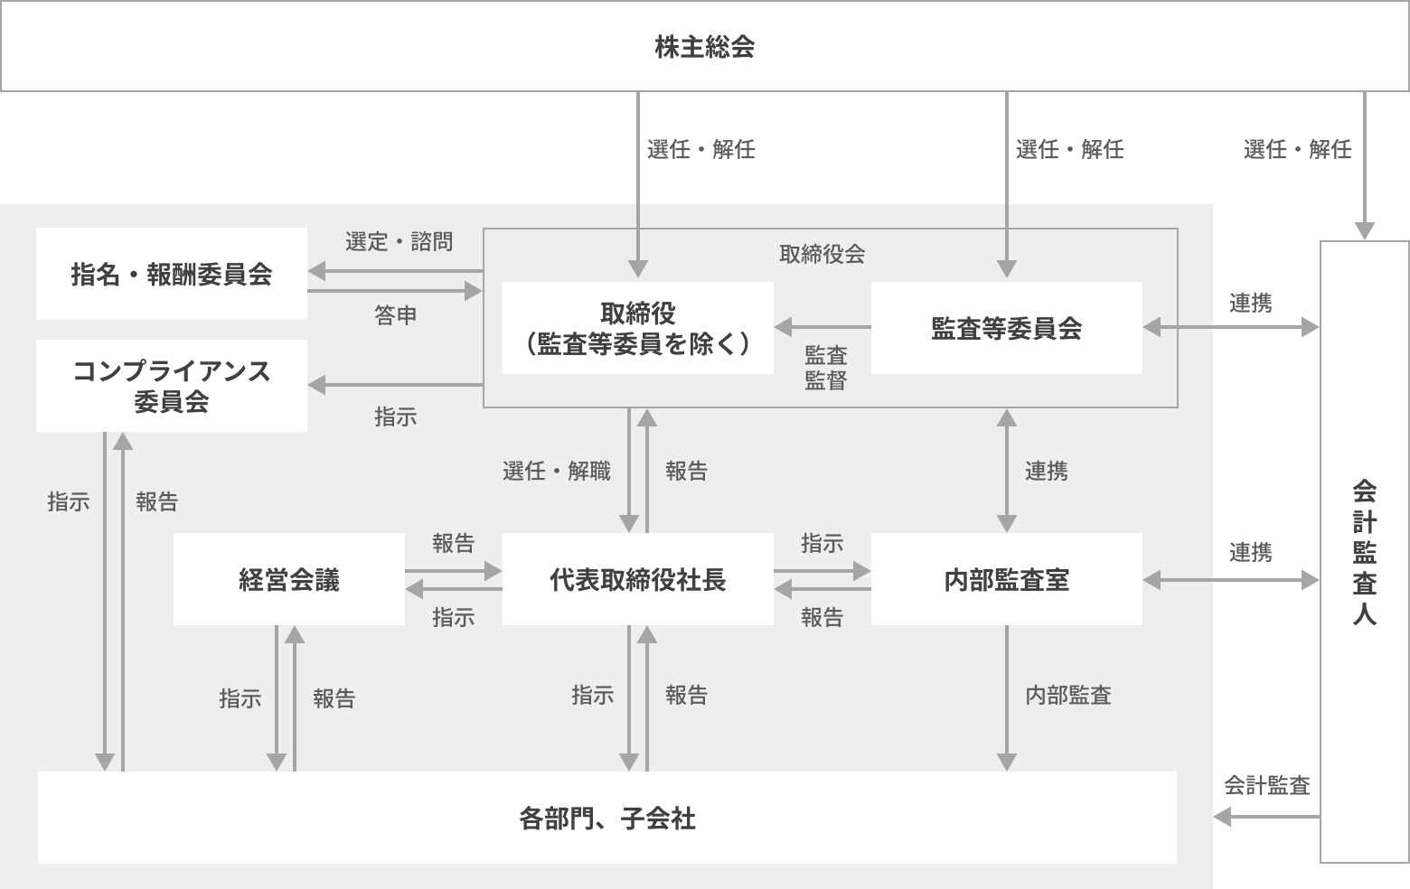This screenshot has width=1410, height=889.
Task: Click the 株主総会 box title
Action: click(704, 47)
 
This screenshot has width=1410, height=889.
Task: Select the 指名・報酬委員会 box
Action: click(172, 274)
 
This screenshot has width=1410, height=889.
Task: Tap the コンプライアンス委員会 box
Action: click(172, 386)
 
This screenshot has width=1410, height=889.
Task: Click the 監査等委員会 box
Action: click(1006, 328)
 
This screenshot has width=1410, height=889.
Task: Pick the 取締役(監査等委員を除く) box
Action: click(638, 328)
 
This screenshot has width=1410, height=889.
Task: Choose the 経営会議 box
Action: click(289, 579)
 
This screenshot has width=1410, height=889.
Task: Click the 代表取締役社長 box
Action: click(638, 579)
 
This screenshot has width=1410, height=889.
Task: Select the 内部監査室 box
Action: click(1006, 579)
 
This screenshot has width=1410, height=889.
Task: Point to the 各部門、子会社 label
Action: click(607, 819)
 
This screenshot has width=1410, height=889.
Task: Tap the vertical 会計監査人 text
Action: click(1364, 553)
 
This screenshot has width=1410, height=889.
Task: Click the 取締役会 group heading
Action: click(822, 254)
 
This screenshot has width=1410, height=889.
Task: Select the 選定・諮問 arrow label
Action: click(399, 242)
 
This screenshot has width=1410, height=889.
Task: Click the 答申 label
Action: click(395, 315)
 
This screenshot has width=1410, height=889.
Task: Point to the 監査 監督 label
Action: click(825, 368)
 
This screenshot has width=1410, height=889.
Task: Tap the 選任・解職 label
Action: click(557, 471)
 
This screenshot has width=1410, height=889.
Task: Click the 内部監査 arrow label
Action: click(1067, 695)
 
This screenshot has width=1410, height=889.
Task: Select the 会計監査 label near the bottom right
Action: click(1266, 786)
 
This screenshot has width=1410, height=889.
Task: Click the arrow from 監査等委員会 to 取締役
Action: click(822, 327)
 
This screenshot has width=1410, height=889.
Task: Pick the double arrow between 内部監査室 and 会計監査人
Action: click(1231, 580)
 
